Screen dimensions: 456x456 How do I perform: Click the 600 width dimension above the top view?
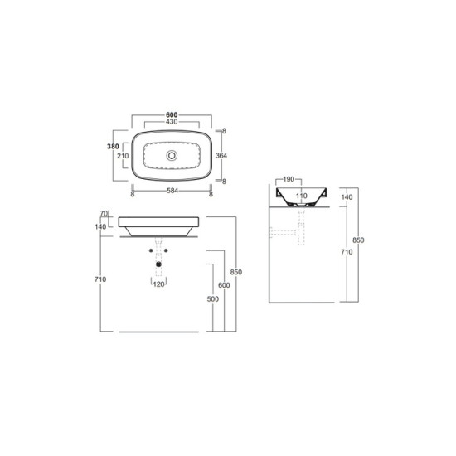(172, 115)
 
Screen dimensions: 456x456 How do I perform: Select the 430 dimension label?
(172, 122)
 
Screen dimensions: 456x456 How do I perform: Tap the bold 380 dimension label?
(113, 147)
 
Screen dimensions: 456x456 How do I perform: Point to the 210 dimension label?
(123, 156)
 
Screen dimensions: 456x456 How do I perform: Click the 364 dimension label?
(221, 156)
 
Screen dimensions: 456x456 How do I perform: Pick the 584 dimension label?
(172, 191)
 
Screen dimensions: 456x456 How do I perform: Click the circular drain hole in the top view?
(172, 155)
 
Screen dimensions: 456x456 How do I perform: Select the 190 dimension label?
(289, 179)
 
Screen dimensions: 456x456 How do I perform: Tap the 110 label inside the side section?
(301, 196)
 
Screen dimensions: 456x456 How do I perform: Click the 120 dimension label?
(159, 284)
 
